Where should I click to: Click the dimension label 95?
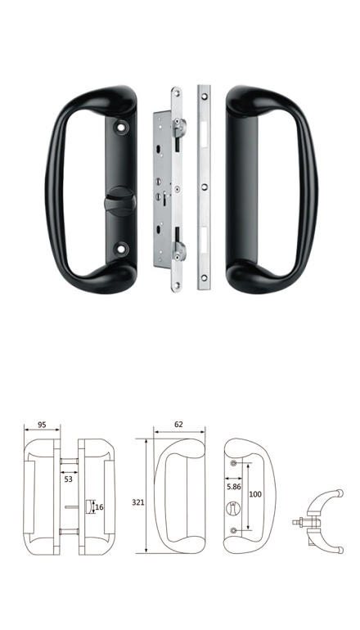point(42,425)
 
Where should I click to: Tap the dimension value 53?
point(68,479)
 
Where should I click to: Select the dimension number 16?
point(99,507)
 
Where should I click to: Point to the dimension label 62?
point(179,425)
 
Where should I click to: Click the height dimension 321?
point(137,502)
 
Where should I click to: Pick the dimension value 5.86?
point(233,487)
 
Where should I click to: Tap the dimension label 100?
point(255,494)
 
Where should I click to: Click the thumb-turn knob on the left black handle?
point(119,201)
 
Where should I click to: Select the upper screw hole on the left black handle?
point(121,127)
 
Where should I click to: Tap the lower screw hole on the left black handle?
point(121,249)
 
